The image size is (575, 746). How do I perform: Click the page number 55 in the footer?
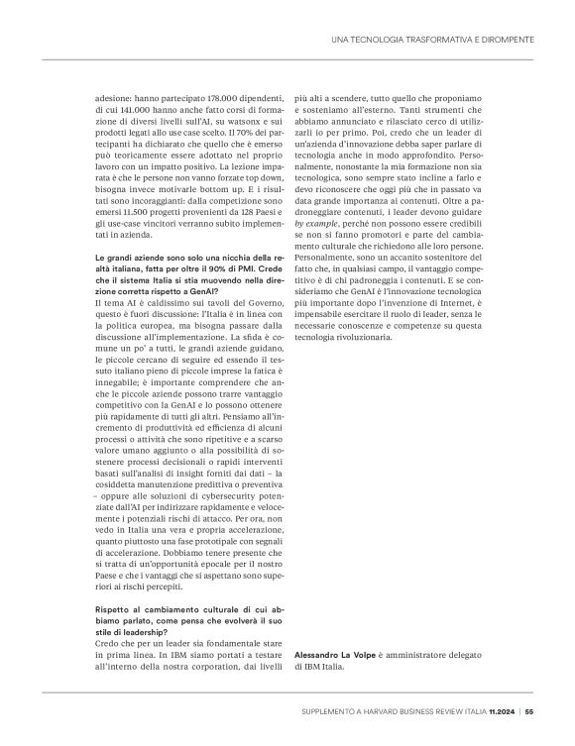[x=530, y=709]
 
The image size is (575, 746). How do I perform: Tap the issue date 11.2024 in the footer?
[x=502, y=709]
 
